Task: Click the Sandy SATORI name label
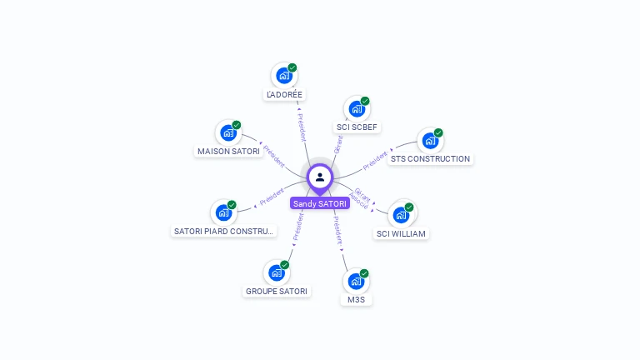(x=320, y=203)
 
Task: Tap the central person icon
(x=320, y=177)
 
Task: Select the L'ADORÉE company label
(x=284, y=95)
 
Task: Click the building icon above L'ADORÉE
(x=284, y=76)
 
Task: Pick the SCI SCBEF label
(x=357, y=127)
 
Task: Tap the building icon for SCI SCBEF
(x=357, y=109)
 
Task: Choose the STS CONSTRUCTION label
(x=430, y=158)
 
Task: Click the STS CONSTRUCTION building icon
(x=430, y=140)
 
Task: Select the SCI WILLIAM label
(x=401, y=233)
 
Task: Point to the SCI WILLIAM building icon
(x=401, y=214)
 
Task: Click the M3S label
(x=356, y=299)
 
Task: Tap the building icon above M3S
(x=356, y=281)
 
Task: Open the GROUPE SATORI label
(x=277, y=291)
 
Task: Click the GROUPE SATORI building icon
(x=277, y=272)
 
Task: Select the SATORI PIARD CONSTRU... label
(x=223, y=231)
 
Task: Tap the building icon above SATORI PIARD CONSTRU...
(x=223, y=212)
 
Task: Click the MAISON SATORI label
(x=228, y=152)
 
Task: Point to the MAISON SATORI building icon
(x=228, y=132)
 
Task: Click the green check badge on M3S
(x=364, y=273)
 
